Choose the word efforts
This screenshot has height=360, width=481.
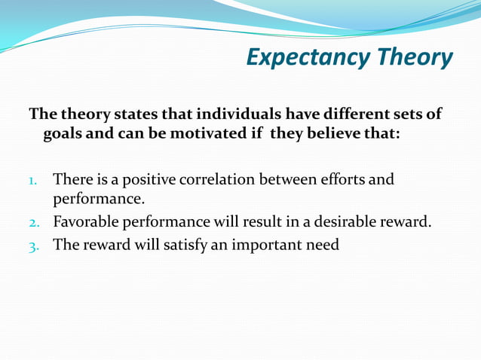tap(329, 180)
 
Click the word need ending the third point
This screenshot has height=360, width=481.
tap(323, 244)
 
